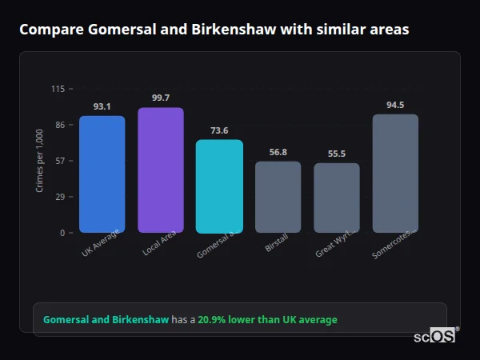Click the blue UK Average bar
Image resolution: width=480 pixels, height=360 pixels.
(102, 174)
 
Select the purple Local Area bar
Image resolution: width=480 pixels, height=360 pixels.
(160, 170)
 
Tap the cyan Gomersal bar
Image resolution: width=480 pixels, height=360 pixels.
(219, 186)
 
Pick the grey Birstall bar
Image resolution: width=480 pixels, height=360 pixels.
(278, 197)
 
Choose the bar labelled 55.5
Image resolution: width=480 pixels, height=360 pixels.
(337, 198)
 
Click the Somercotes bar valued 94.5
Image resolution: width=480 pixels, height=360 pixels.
(395, 174)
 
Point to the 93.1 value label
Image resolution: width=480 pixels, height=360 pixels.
(102, 106)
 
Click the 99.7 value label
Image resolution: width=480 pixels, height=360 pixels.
(160, 98)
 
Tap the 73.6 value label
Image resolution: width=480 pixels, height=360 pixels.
(219, 130)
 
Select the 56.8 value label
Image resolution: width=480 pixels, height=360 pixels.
(278, 152)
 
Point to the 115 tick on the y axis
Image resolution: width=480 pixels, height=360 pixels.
(58, 89)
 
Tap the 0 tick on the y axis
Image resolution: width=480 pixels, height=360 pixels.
(62, 233)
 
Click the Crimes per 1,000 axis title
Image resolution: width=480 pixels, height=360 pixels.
(40, 161)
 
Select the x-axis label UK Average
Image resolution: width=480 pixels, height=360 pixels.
(101, 243)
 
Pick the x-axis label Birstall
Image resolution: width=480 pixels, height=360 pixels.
(276, 243)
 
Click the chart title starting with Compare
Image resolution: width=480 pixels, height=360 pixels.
(214, 30)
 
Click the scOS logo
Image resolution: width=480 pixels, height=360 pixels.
(435, 336)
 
